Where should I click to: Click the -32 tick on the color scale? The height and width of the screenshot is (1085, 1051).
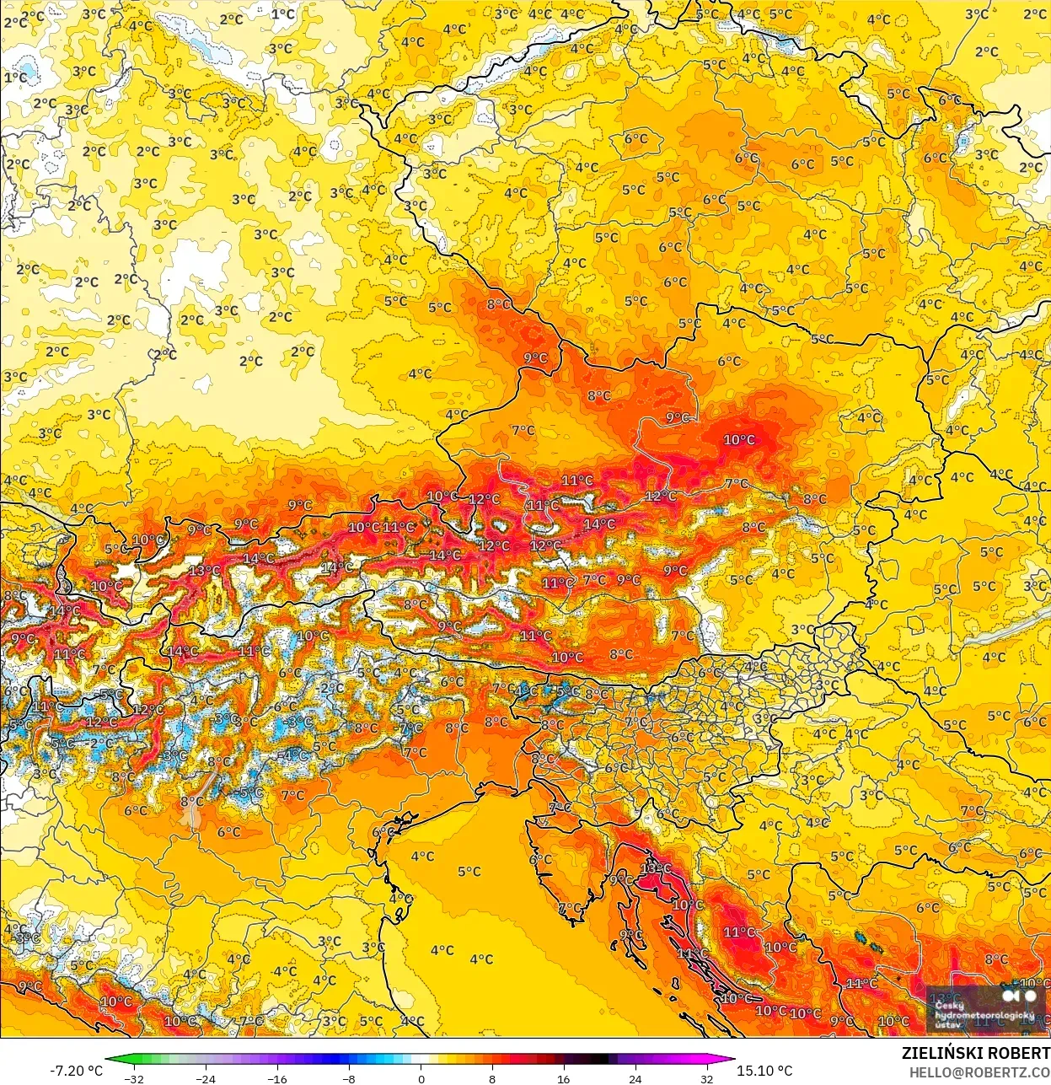133,1078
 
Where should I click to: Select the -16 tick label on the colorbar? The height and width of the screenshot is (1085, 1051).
276,1078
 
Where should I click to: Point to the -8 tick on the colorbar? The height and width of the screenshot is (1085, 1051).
349,1078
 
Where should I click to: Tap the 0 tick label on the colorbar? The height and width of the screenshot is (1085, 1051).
421,1078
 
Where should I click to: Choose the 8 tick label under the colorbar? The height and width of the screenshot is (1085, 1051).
492,1078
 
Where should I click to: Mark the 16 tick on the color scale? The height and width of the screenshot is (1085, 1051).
563,1078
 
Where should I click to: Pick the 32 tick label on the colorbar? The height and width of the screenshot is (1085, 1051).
706,1078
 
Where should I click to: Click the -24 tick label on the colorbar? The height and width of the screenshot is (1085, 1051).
205,1078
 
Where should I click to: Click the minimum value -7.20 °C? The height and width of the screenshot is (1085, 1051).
77,1071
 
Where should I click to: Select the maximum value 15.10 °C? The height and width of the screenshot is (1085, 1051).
764,1071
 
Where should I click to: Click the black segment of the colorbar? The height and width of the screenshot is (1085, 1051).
598,1061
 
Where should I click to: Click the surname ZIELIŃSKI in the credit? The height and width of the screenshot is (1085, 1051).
944,1053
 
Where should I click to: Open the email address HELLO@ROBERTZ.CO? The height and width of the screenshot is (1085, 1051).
979,1072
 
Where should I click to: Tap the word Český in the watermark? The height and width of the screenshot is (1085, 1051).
949,1005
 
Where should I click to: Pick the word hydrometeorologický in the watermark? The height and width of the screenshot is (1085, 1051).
984,1015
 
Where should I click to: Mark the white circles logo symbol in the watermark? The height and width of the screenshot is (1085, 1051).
1018,996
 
